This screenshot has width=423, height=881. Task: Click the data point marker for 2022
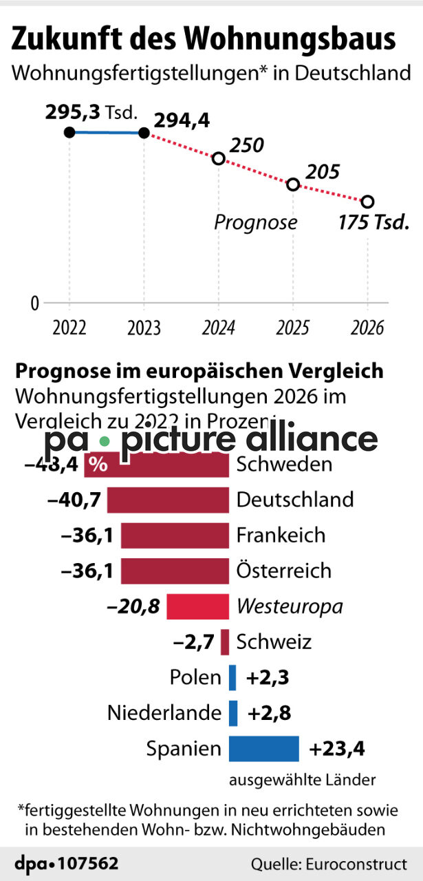tap(69, 132)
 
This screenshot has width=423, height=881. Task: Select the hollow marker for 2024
tap(219, 159)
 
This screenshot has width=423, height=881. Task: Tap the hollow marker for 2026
tap(367, 202)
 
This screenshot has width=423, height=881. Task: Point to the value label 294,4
tap(182, 121)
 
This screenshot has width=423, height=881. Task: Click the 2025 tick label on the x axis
tap(292, 327)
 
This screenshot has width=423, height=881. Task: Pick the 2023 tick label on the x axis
tap(144, 327)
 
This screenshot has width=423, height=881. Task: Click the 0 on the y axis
tap(34, 303)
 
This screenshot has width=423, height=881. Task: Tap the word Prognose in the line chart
tap(255, 222)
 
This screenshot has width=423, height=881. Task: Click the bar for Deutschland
tap(168, 500)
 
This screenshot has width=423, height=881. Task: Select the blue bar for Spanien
tap(263, 749)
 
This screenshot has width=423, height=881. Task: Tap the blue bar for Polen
tap(232, 678)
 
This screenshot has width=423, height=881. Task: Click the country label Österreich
tap(283, 571)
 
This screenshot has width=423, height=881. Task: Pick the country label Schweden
tap(284, 465)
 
